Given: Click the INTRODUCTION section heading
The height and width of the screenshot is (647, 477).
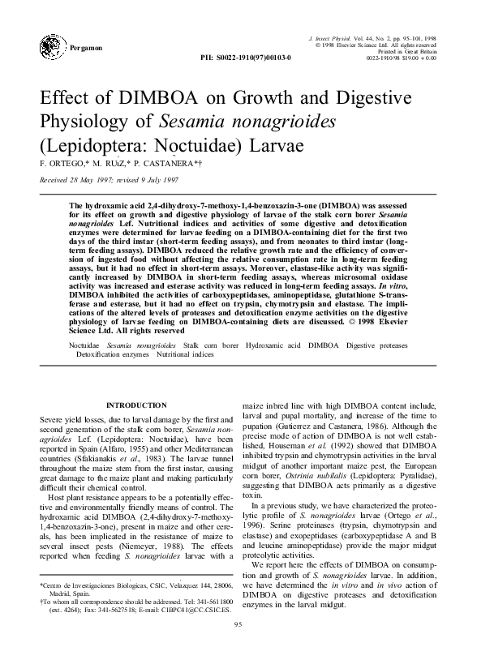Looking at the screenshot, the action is coord(138,405).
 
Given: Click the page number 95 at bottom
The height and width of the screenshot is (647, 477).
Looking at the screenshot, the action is coord(238,623).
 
